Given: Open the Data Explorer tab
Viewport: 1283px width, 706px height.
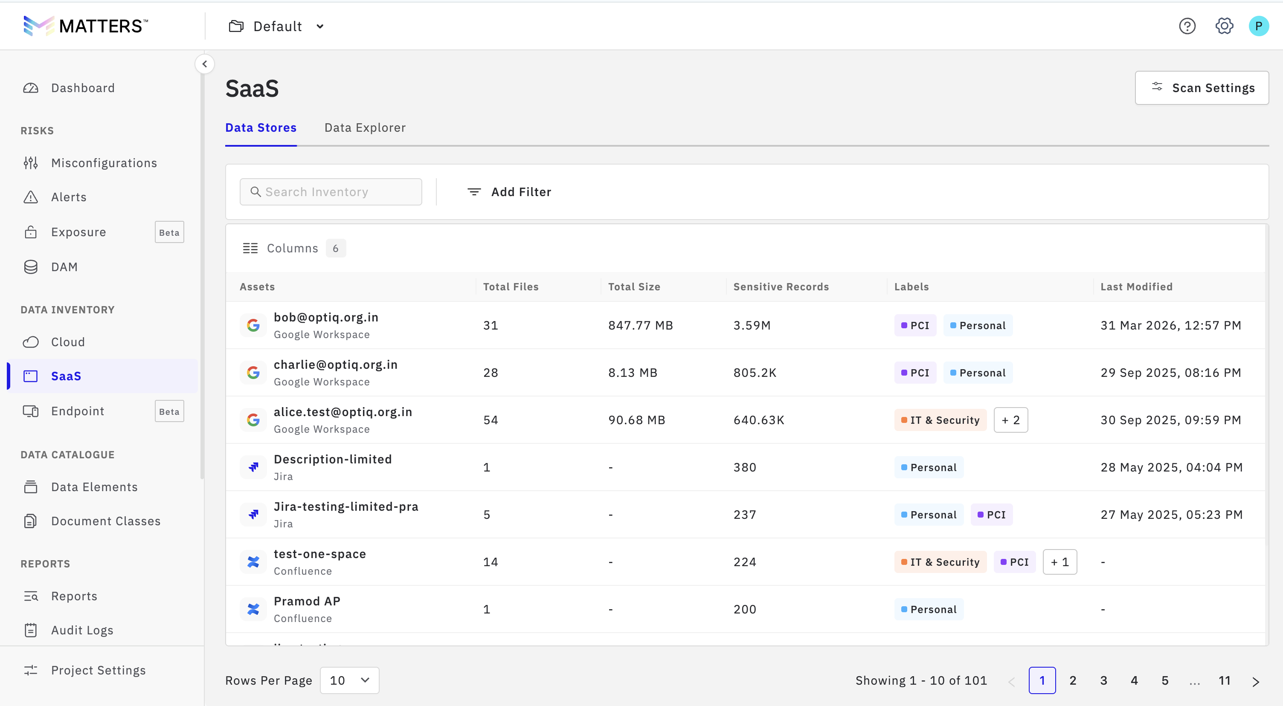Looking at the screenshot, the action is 365,128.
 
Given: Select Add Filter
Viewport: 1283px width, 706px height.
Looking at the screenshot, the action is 509,192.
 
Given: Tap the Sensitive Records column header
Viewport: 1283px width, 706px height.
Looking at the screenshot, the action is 781,287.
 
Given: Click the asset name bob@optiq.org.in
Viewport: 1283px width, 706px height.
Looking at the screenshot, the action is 326,317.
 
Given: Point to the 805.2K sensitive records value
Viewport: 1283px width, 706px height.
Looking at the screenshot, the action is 755,373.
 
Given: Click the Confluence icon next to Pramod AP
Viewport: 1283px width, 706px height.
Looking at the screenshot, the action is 253,609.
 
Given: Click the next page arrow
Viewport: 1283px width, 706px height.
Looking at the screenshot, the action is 1256,681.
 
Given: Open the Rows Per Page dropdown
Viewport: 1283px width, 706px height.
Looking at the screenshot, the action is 349,680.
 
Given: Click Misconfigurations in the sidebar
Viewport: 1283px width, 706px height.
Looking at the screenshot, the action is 104,163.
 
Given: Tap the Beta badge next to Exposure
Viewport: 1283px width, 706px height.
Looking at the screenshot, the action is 169,232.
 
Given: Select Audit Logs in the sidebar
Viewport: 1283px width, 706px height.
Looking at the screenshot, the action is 82,630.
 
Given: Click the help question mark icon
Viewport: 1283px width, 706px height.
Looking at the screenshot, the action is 1187,26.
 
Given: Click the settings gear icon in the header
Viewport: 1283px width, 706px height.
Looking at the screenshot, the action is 1224,26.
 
